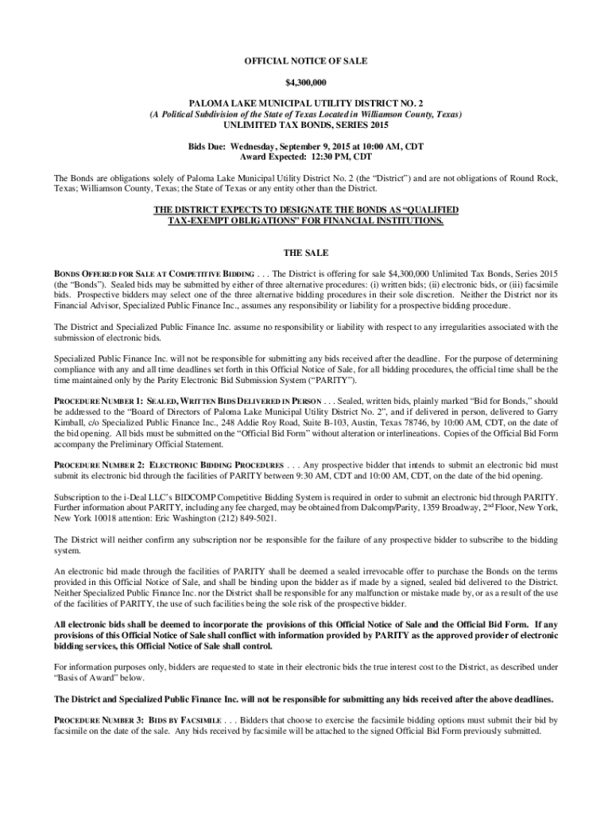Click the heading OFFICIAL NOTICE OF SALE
(306, 61)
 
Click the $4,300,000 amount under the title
(306, 83)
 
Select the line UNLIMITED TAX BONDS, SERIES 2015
(306, 126)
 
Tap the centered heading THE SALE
(306, 252)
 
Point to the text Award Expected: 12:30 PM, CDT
(306, 157)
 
